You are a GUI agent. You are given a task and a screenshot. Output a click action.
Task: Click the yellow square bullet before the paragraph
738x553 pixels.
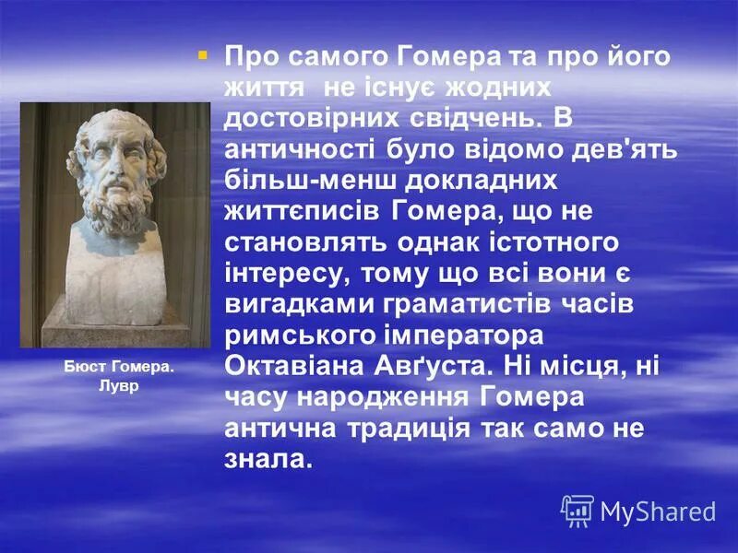tap(203, 55)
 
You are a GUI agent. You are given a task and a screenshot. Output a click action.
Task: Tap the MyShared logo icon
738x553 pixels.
tap(577, 510)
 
